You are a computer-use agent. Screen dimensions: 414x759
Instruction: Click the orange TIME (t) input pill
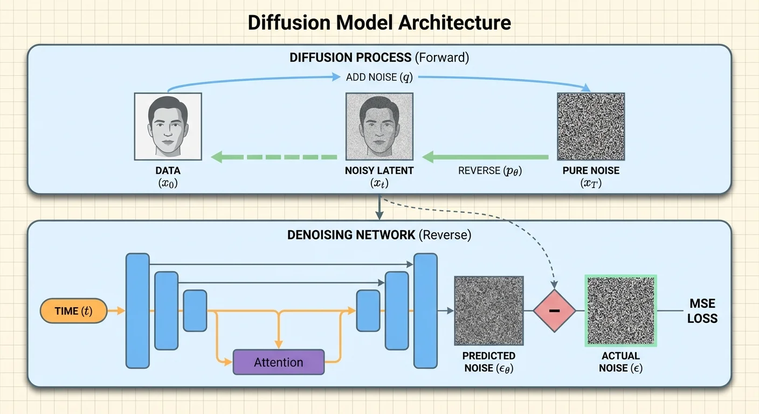(73, 311)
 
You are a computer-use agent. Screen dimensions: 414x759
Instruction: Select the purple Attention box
(279, 362)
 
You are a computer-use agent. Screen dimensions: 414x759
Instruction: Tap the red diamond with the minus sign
(554, 311)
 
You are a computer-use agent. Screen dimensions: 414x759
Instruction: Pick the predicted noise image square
(488, 310)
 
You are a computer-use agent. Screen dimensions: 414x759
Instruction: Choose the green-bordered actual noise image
(621, 310)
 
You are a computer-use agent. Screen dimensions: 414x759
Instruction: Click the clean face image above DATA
(168, 126)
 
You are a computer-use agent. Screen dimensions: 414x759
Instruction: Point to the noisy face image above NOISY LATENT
(379, 126)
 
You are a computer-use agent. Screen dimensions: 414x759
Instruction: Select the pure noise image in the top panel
(590, 126)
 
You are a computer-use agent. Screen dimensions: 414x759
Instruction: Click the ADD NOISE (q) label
(379, 77)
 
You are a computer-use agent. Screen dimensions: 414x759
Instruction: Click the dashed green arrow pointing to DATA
(274, 157)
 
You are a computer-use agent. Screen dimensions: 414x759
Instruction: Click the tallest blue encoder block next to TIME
(137, 310)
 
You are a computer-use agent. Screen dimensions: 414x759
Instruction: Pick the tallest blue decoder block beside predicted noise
(425, 310)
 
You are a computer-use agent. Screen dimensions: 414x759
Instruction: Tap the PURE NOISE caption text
(590, 171)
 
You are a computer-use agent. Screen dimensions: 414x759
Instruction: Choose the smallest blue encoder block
(195, 310)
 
